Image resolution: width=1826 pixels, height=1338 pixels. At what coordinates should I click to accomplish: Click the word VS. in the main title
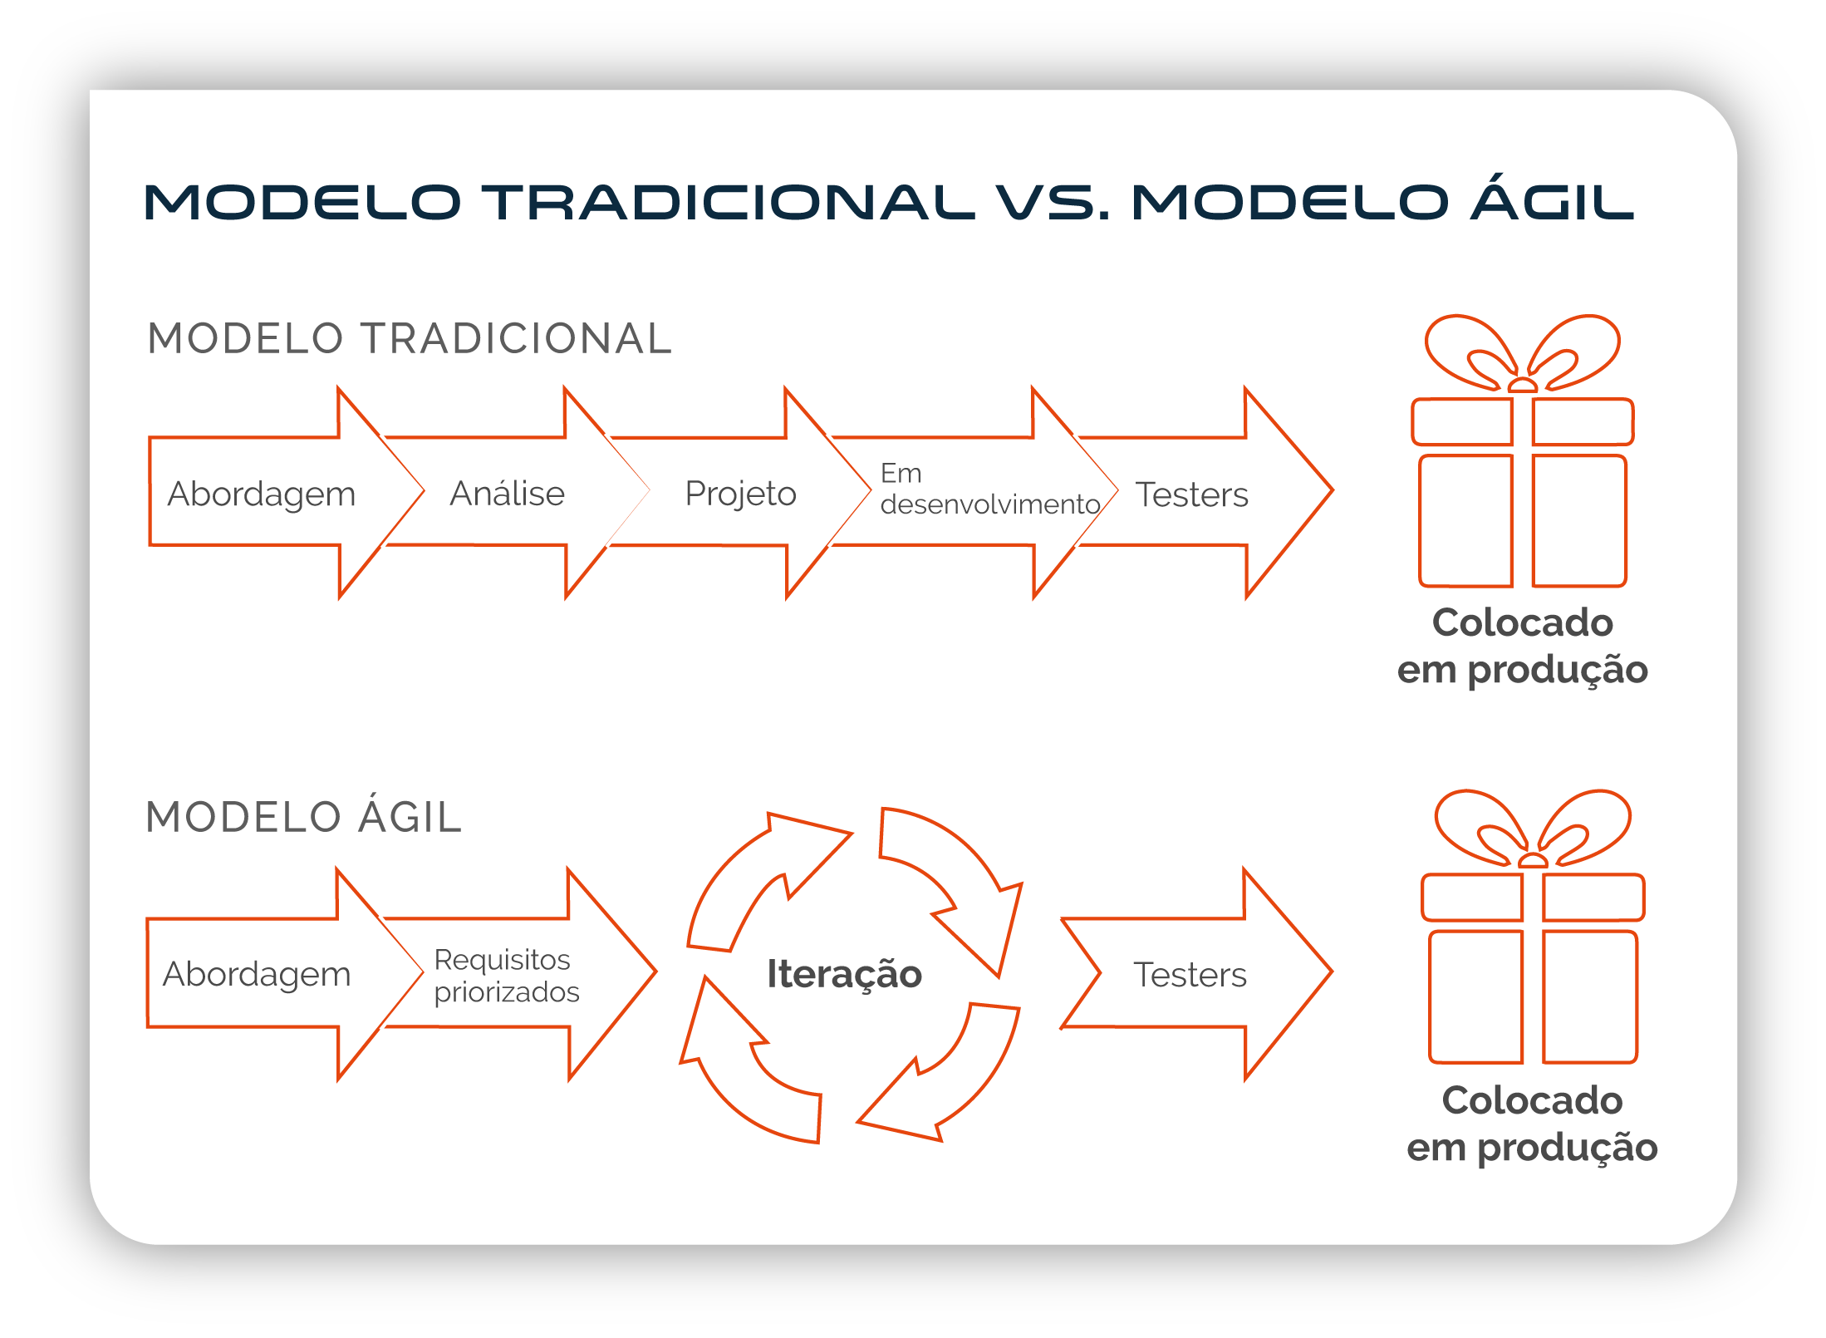pos(1053,203)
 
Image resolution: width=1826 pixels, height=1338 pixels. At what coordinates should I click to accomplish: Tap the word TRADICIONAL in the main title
pos(729,203)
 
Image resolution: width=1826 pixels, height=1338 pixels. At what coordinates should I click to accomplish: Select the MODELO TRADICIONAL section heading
pos(410,339)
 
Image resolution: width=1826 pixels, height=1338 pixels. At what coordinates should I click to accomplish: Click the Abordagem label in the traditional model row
pos(262,495)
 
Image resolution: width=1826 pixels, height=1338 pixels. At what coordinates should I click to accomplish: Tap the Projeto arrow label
pos(741,494)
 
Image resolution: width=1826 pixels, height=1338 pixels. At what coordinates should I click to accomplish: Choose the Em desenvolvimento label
pos(990,489)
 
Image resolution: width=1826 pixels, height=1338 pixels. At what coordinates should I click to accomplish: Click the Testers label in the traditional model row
pos(1192,494)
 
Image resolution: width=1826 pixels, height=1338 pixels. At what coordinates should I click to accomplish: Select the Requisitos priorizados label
pos(507,976)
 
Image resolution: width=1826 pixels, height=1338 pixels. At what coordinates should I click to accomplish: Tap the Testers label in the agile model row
pos(1190,975)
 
